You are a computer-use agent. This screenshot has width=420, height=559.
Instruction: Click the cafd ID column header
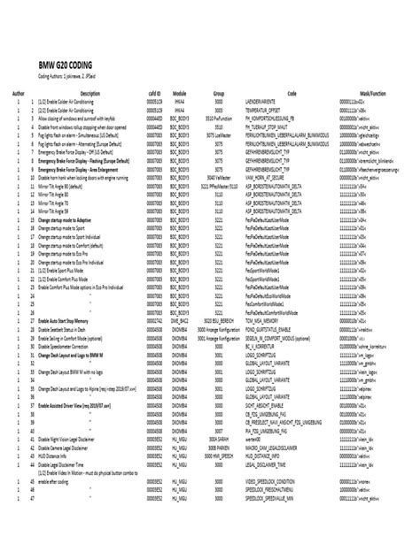tap(153, 92)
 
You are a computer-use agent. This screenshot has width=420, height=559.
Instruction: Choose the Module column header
tap(179, 92)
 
